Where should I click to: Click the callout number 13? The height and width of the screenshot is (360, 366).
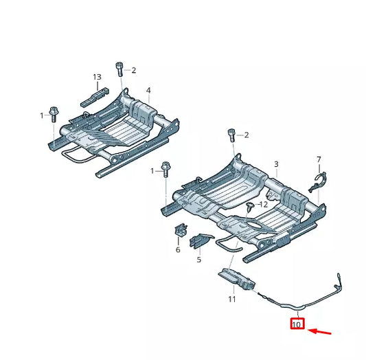coord(97,76)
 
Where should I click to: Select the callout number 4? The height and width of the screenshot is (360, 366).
coord(148,90)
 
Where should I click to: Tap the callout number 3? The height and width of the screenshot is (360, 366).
coord(276,164)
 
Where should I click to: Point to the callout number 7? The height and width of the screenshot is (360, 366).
coord(319,159)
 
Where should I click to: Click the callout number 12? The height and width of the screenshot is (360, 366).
coord(263,204)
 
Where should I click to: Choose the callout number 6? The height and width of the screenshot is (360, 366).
coord(178,250)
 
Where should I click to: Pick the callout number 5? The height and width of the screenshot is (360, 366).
coord(199,260)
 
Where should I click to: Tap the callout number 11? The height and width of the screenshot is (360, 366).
coord(231,299)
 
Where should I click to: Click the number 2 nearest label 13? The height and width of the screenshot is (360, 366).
coord(133,70)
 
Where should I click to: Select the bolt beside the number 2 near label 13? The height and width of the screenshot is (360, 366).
coord(121,69)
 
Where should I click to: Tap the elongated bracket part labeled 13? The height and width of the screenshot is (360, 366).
coord(95,93)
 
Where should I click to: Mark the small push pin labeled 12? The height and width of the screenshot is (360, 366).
coord(250,206)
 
